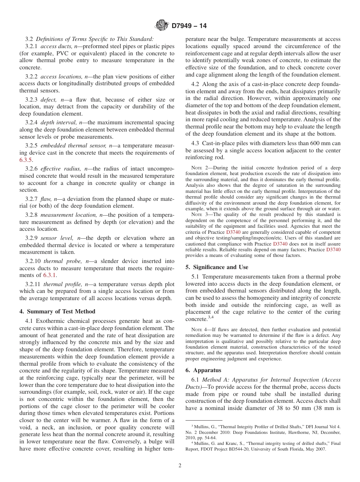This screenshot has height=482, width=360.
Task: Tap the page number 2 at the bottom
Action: pos(180,466)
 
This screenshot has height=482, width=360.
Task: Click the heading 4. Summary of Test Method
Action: pos(57,311)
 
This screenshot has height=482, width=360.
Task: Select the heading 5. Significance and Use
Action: pos(217,267)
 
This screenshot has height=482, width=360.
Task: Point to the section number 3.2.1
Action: pos(31,47)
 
